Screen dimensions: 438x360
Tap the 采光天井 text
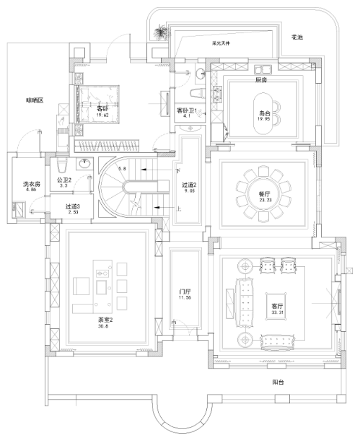221,43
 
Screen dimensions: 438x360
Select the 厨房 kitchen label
261,81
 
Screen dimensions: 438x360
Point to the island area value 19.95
265,120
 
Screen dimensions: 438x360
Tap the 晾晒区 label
35,100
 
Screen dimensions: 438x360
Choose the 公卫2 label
63,180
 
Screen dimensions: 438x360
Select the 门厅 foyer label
185,292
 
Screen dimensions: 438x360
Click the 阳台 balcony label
277,382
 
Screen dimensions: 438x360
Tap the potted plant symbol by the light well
161,32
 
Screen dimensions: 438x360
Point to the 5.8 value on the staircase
122,168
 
